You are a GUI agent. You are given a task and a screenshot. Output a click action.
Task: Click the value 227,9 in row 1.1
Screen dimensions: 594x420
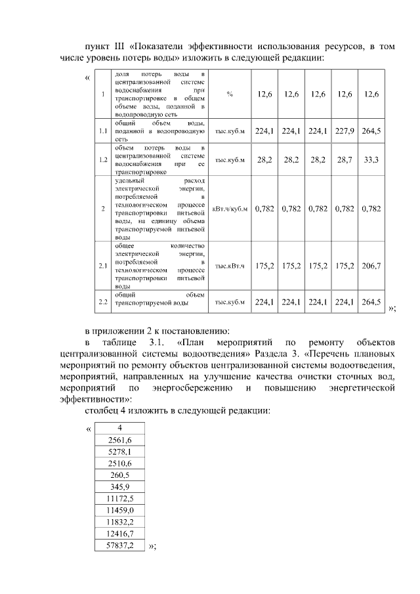345,131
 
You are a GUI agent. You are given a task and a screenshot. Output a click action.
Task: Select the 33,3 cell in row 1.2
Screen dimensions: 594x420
371,159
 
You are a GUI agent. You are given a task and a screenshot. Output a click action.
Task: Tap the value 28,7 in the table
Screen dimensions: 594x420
345,159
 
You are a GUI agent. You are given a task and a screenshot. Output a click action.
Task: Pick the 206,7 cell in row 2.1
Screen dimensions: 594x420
371,266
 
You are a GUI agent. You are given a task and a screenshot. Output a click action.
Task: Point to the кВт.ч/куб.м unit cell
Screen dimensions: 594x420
230,209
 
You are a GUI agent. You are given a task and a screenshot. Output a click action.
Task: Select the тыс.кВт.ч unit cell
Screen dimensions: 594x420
230,266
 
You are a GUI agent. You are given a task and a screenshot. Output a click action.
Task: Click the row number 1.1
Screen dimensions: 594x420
103,131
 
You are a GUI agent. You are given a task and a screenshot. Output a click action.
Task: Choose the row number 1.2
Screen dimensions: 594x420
103,159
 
